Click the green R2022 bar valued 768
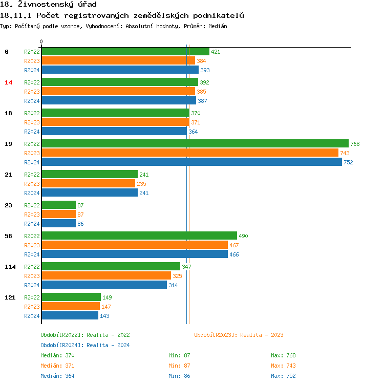coord(195,144)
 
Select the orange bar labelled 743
coord(190,153)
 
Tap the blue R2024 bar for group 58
coord(135,254)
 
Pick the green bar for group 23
coord(58,205)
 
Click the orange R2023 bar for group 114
coord(106,276)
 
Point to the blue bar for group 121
coord(70,316)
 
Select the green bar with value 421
coord(125,52)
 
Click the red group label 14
coord(8,82)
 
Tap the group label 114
coord(10,267)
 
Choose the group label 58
coord(8,236)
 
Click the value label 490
coord(243,236)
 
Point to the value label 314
coord(173,285)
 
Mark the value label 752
coord(348,162)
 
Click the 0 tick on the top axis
coord(41,42)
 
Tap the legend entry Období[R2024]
coord(62,345)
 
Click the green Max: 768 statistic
coord(283,355)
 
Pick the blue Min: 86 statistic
coord(179,376)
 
